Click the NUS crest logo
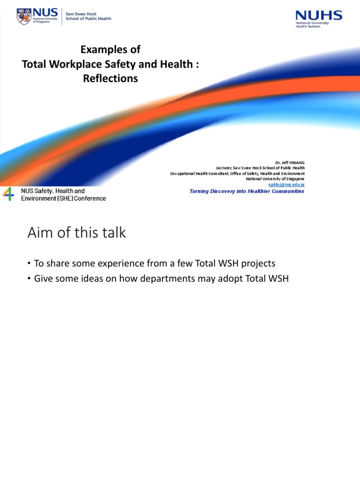23,16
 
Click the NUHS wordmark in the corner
319,15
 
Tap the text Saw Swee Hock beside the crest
81,14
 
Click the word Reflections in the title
111,79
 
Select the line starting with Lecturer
260,168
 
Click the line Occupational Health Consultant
237,173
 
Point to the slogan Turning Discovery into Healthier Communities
247,191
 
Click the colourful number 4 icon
8,194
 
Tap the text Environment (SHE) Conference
63,198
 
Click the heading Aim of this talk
76,233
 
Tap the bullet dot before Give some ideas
30,278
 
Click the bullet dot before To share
30,263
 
